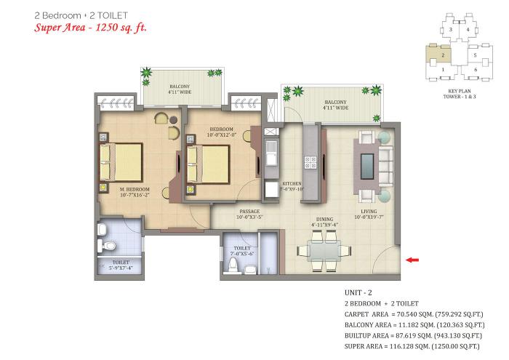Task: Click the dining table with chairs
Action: (x=321, y=252)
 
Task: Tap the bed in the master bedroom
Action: (x=121, y=161)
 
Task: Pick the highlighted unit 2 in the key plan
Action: (x=439, y=55)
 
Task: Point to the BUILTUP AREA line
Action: (x=414, y=337)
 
